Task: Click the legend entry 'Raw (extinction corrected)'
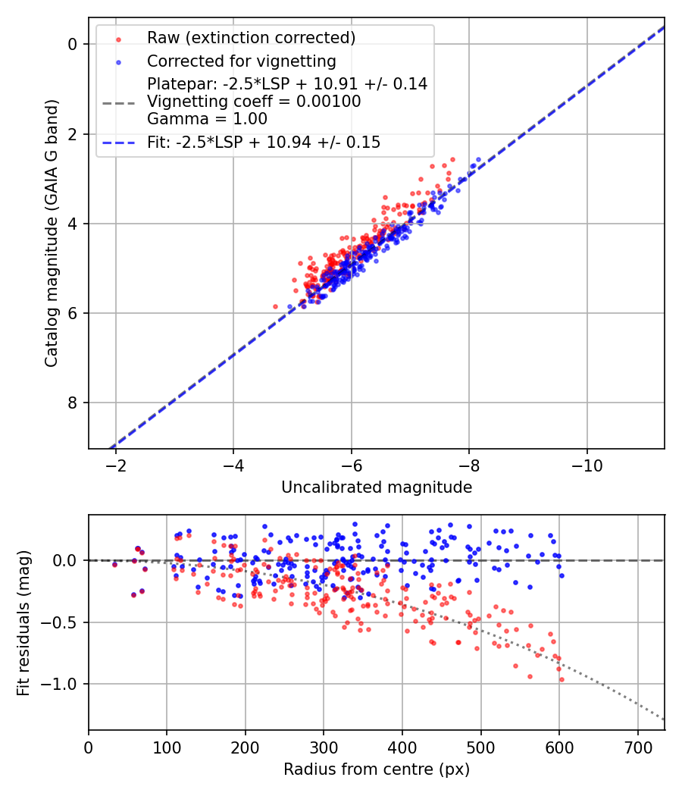251,38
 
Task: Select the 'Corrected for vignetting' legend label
241,61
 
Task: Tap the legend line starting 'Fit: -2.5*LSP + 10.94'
264,143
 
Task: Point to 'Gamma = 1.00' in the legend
207,118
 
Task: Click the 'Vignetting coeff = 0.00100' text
254,102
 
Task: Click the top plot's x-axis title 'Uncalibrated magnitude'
377,487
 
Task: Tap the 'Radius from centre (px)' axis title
377,769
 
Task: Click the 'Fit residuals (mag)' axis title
23,623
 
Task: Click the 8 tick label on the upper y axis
74,403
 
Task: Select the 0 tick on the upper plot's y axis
74,44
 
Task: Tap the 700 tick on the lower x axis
637,746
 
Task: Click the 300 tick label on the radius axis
324,746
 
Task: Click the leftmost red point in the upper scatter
275,306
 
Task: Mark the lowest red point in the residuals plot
562,679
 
